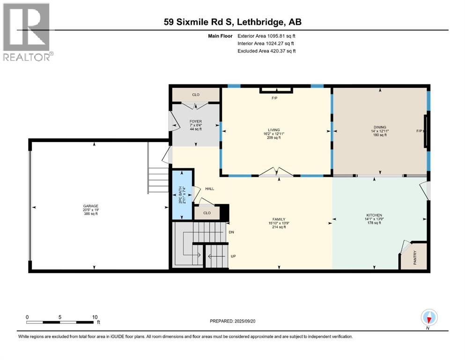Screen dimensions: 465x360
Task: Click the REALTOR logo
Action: (28, 32)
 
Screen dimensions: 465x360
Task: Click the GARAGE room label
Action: (91, 206)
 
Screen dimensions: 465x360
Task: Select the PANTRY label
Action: (414, 257)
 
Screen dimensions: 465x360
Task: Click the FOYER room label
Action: (196, 121)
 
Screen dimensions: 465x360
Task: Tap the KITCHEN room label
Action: (374, 215)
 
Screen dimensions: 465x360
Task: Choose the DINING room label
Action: (380, 127)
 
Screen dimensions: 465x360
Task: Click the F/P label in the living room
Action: (274, 98)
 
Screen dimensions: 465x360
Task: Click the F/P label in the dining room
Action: (419, 131)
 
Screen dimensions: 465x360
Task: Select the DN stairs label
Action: (231, 232)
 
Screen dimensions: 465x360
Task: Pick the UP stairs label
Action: (233, 256)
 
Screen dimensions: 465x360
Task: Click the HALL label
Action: (210, 189)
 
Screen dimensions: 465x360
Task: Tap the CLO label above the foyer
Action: (196, 95)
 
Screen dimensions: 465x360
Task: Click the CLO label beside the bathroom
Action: (207, 213)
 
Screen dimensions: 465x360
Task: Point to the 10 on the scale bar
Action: (95, 317)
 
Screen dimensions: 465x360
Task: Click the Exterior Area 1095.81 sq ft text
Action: (266, 36)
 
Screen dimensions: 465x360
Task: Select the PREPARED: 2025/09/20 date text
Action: (232, 321)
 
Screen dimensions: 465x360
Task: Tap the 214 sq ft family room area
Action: (279, 227)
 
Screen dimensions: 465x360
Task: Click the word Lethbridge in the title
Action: (259, 22)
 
